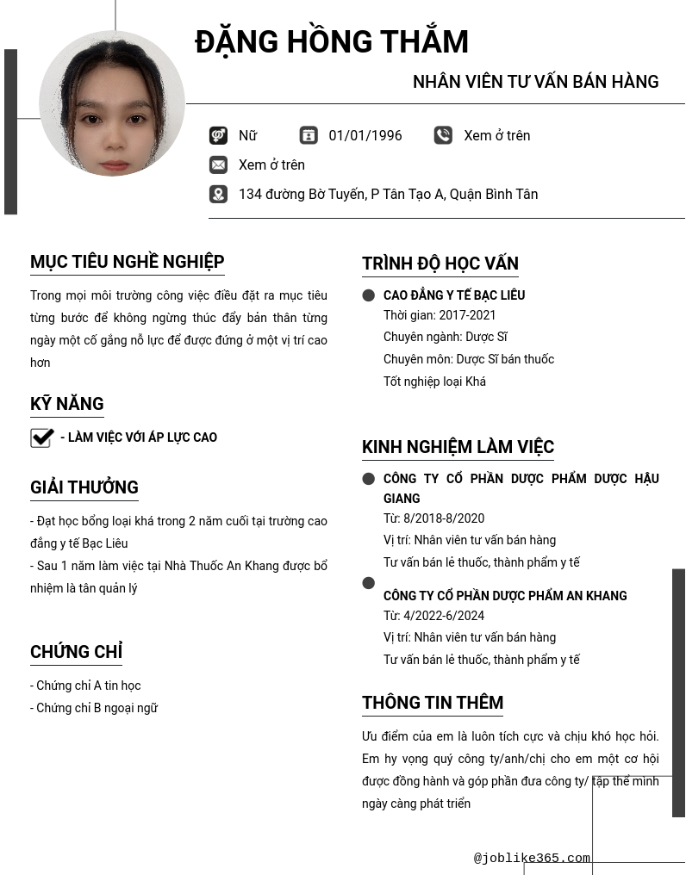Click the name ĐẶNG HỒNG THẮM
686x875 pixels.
tap(332, 42)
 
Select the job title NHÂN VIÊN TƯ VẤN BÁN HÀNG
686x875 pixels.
tap(535, 82)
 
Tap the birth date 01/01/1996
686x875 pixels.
tap(365, 135)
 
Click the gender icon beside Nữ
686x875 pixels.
tap(218, 135)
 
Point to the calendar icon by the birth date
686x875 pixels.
tap(309, 135)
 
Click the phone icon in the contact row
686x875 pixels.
tap(443, 135)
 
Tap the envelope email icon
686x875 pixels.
tap(218, 164)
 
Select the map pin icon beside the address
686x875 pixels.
tap(218, 194)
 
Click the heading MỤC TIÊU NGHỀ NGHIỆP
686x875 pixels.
tap(127, 262)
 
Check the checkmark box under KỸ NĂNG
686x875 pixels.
tap(41, 437)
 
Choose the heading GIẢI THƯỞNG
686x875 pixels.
tap(84, 487)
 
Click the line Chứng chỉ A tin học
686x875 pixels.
tap(85, 686)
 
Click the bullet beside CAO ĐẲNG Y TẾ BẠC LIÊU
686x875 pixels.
tap(369, 295)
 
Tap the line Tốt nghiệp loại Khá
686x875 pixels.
tap(434, 382)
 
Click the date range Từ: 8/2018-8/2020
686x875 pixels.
tap(433, 518)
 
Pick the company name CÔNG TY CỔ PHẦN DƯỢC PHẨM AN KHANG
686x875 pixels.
tap(505, 596)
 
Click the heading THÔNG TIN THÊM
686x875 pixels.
tap(432, 703)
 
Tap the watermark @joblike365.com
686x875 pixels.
tap(532, 858)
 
